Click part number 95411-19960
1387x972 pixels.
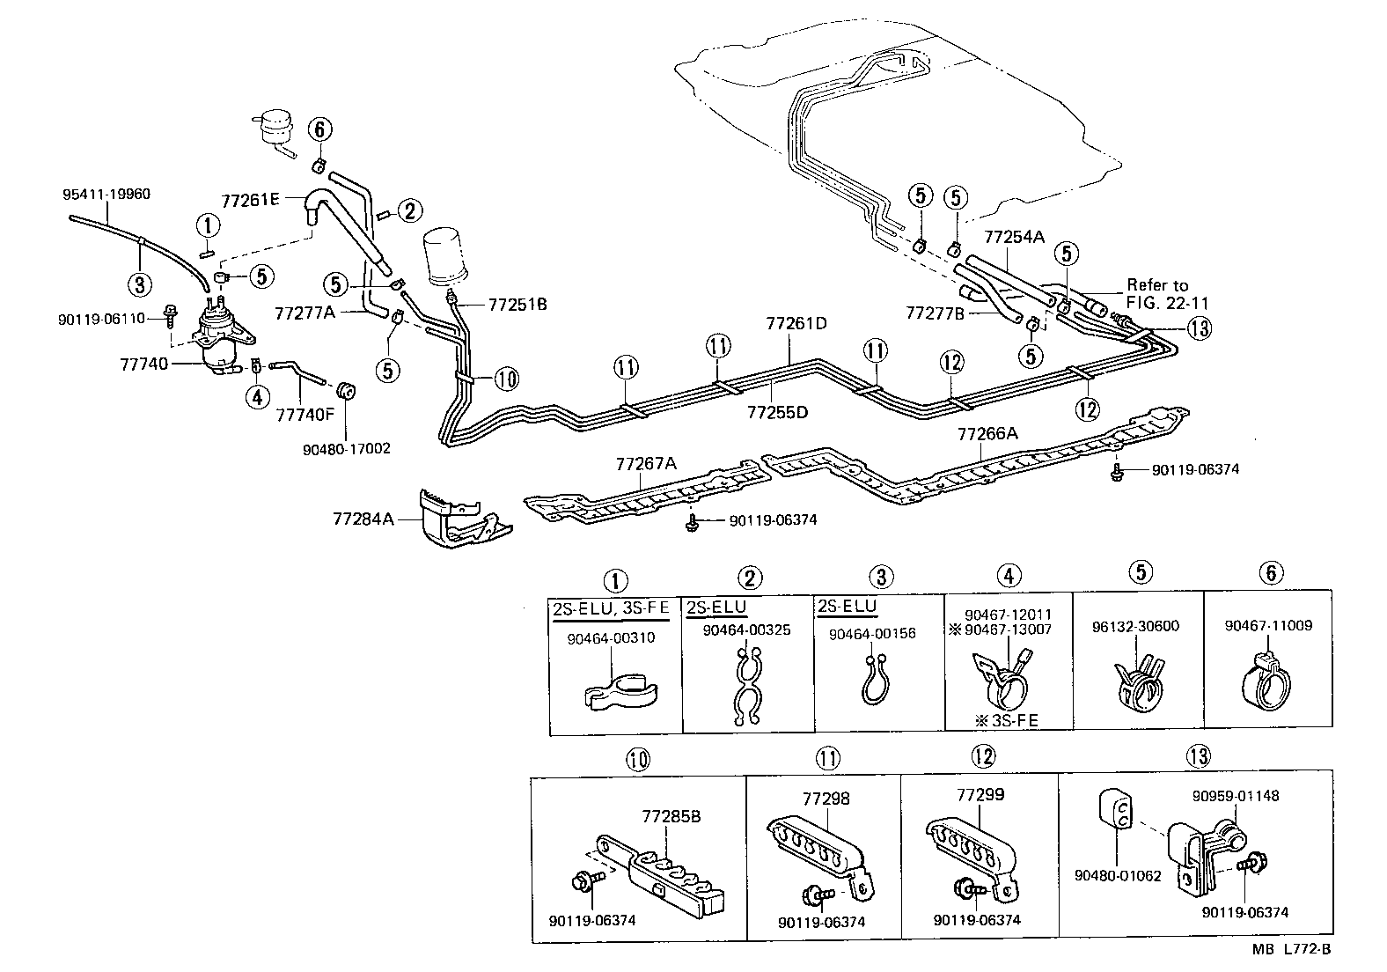click(x=106, y=195)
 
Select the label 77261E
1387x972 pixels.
click(x=250, y=201)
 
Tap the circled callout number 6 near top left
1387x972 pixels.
click(x=320, y=130)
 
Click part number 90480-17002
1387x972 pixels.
click(x=346, y=448)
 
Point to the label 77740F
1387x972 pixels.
click(x=305, y=414)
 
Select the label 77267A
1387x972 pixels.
click(x=646, y=463)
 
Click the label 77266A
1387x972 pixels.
click(x=987, y=433)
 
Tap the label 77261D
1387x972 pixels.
click(x=796, y=324)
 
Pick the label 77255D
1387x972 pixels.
click(x=777, y=411)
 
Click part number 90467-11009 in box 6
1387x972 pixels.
click(x=1268, y=626)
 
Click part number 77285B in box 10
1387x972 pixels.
click(x=671, y=816)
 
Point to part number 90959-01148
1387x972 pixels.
click(x=1236, y=796)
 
